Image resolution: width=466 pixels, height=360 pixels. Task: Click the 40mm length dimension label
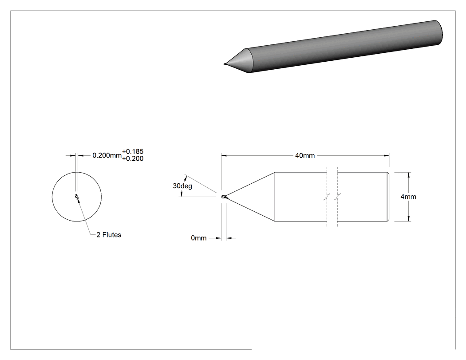(x=304, y=155)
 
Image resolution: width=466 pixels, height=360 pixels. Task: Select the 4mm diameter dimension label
(x=408, y=197)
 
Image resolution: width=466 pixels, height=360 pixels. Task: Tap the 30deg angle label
(x=182, y=186)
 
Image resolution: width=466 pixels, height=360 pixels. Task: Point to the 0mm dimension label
(x=198, y=238)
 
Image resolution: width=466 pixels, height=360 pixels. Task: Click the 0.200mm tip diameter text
(x=107, y=155)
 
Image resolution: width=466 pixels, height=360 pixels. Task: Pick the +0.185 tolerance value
(x=133, y=152)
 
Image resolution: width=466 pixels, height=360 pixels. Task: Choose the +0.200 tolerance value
(x=133, y=159)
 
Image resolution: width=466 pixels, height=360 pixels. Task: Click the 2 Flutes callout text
(x=109, y=235)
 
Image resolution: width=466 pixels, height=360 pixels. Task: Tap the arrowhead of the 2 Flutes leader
(x=78, y=201)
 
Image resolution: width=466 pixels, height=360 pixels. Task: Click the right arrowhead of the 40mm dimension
(x=387, y=155)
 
